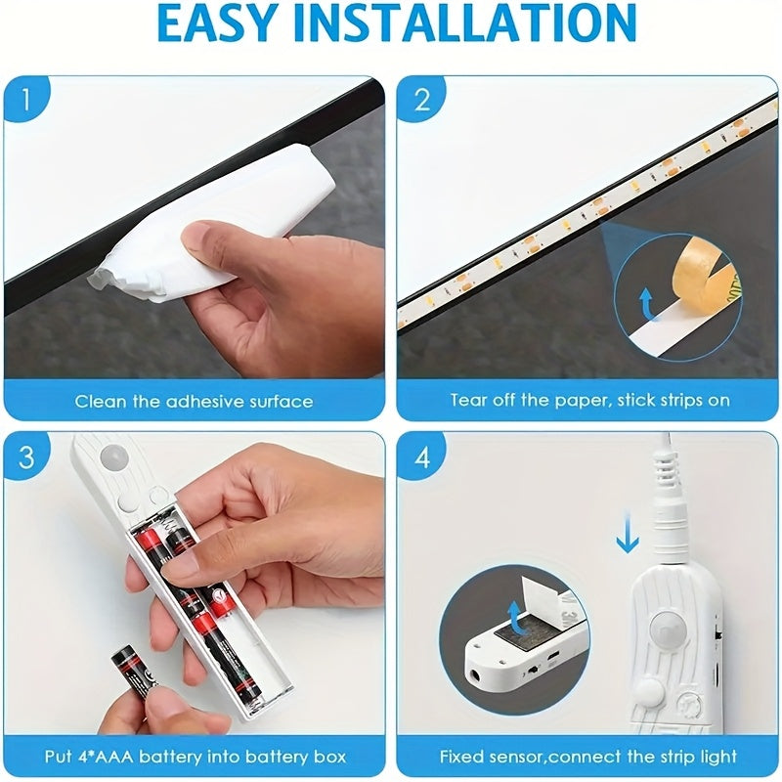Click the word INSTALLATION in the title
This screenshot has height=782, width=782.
pos(465,22)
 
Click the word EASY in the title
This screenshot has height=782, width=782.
pos(217,22)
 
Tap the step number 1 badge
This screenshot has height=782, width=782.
pos(26,99)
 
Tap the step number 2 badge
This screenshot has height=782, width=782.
pos(422,100)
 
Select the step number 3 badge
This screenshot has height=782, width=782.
pos(26,456)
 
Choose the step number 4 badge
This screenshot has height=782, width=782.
pos(422,456)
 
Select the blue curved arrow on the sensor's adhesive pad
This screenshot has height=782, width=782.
pos(518,619)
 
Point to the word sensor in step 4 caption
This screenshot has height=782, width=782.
pos(516,757)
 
